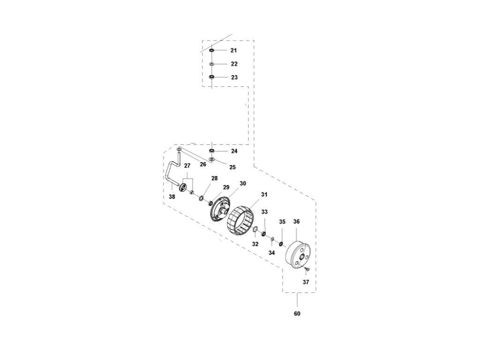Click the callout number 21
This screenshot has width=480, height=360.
(234, 50)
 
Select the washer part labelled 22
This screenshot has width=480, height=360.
(211, 64)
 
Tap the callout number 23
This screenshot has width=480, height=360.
(234, 77)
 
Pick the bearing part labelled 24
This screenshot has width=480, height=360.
(212, 151)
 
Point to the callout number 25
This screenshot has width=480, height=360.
(232, 167)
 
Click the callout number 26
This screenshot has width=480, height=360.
(203, 165)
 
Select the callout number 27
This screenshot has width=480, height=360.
(187, 166)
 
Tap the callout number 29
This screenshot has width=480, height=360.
(226, 187)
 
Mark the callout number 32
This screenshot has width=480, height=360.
(255, 244)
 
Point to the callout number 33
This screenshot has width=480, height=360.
(264, 212)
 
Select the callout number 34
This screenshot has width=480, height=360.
(271, 253)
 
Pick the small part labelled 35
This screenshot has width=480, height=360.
(281, 244)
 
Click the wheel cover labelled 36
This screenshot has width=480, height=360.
(298, 255)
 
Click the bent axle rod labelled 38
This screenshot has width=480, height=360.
(170, 173)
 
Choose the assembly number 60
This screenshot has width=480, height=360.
(297, 314)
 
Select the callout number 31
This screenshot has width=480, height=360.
(264, 195)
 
